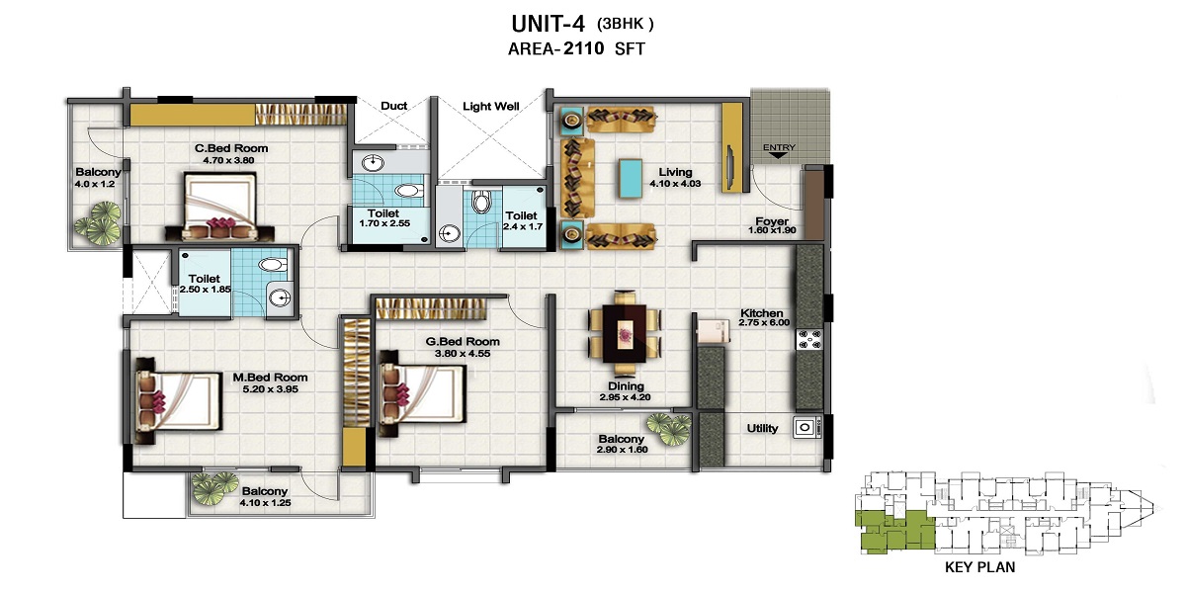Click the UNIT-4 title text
click(548, 24)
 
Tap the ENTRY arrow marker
click(779, 156)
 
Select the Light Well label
click(491, 107)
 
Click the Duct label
click(394, 106)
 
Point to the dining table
click(626, 334)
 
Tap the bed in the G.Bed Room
click(422, 393)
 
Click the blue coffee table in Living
click(631, 179)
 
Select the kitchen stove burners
click(809, 339)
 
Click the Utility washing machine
click(806, 427)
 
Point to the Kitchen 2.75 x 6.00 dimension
click(764, 322)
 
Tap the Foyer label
click(772, 220)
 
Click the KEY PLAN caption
click(980, 567)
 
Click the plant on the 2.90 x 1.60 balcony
click(669, 428)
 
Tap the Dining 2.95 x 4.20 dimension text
click(626, 397)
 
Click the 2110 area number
click(583, 48)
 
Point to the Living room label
click(675, 172)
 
